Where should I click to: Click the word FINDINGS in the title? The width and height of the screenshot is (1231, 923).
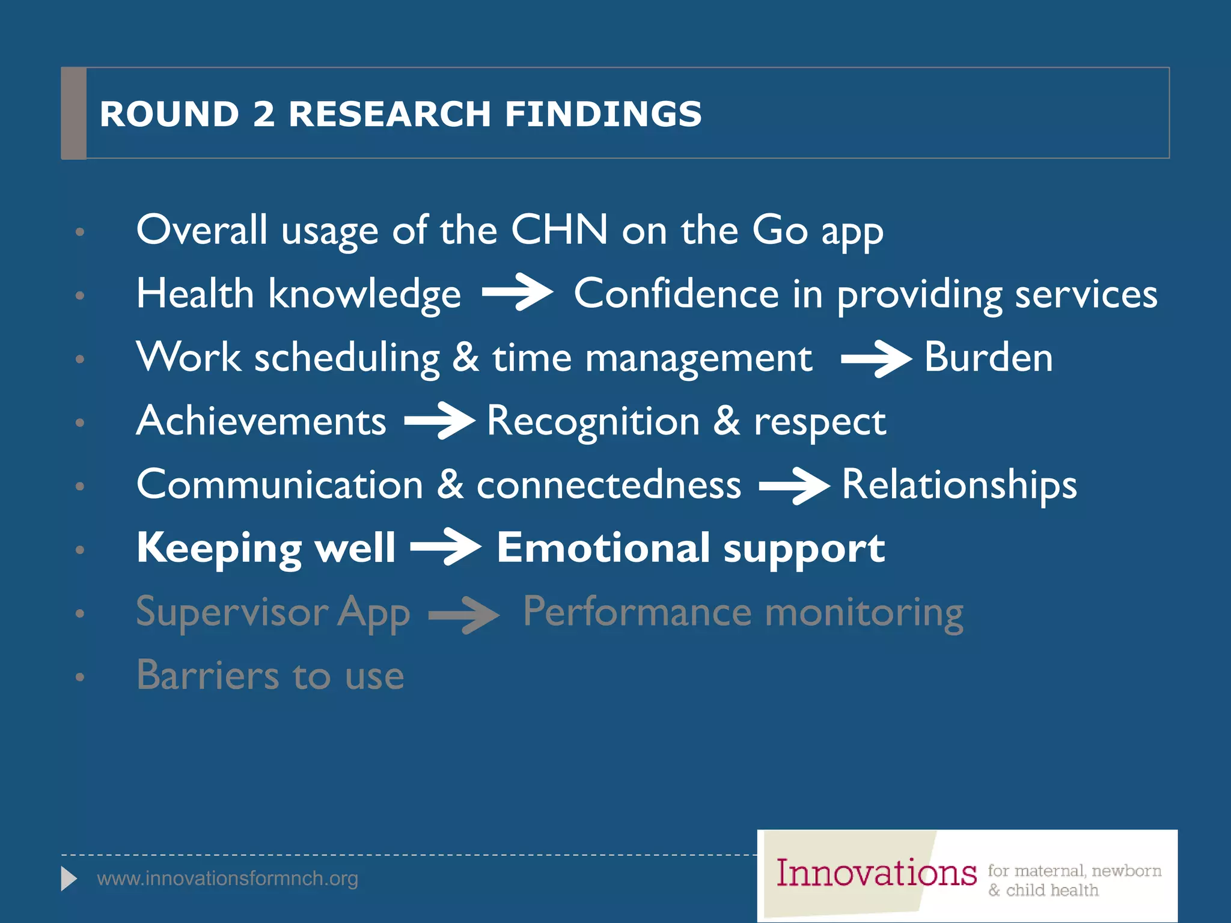pos(603,114)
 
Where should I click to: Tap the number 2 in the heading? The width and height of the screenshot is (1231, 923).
pos(264,114)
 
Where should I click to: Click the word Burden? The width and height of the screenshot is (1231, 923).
pos(988,357)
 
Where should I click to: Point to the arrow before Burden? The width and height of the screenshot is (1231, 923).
pos(876,359)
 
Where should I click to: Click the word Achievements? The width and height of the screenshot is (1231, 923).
pos(261,421)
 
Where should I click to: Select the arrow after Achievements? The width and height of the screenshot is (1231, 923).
pos(439,421)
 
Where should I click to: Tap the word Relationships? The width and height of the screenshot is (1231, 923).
pos(959,484)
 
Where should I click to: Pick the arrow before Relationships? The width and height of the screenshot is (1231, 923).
pos(794,486)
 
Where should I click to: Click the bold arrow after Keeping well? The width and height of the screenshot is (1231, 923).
pos(445,547)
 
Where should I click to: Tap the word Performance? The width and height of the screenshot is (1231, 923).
pos(637,612)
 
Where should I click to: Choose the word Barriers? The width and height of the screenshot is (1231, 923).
pos(207,675)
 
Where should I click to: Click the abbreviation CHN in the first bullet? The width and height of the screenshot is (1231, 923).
pos(559,230)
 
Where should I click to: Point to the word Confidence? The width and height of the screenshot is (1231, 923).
pos(676,294)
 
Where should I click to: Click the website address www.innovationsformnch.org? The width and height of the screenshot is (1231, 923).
pos(227,879)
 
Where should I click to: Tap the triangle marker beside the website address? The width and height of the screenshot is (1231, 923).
pos(69,879)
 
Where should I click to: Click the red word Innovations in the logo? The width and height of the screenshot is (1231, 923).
pos(876,873)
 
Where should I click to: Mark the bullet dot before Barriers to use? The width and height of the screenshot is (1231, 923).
pos(80,677)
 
